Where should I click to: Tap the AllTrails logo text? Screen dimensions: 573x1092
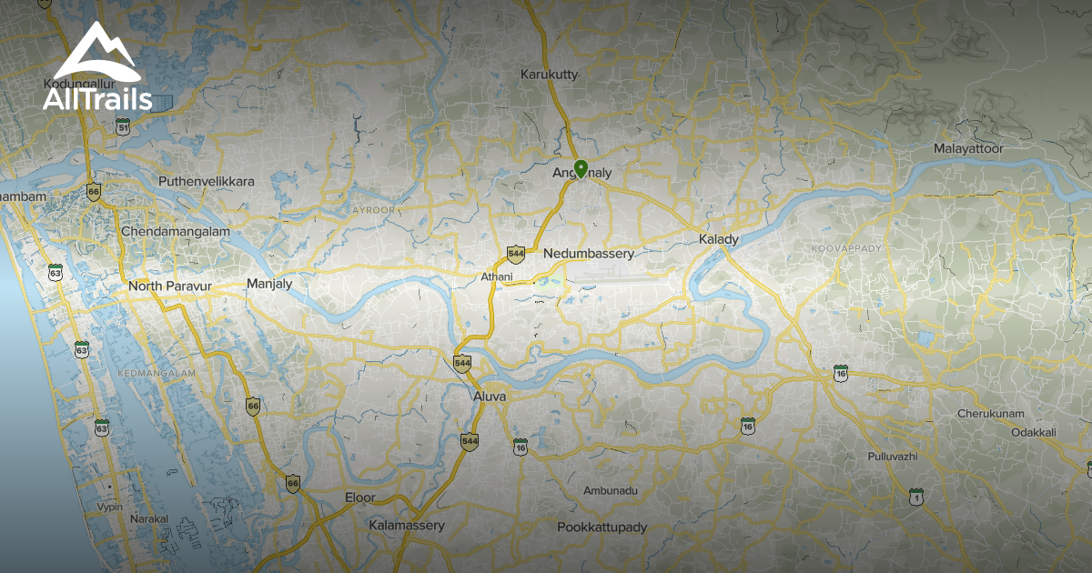(97, 99)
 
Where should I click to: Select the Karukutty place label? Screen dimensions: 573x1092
(549, 75)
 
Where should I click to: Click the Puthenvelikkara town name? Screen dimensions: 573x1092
(207, 181)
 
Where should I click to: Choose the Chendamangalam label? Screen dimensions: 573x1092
(176, 232)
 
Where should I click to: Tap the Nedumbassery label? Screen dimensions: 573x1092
(588, 254)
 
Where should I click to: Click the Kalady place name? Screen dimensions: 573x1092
(718, 239)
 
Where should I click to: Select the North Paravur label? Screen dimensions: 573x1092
(170, 286)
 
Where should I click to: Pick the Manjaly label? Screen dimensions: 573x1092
(269, 284)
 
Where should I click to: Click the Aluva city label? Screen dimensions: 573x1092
(490, 397)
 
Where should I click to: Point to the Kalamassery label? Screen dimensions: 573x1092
(407, 526)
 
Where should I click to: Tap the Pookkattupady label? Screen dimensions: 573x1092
(602, 528)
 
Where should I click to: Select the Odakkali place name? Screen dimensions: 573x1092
(1034, 432)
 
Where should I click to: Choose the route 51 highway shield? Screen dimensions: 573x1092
(124, 128)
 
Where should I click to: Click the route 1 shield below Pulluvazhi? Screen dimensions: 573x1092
(915, 497)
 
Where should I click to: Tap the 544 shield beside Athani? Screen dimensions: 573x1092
(516, 254)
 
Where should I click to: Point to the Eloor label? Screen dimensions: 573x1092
(359, 498)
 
